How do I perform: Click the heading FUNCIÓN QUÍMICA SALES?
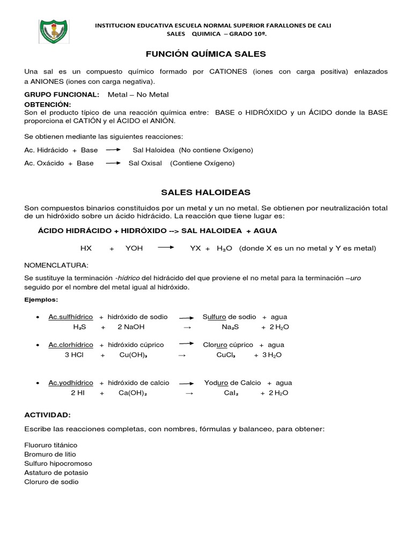pyautogui.click(x=206, y=54)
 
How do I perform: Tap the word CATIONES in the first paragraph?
pyautogui.click(x=227, y=71)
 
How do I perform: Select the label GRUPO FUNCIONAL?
pyautogui.click(x=62, y=95)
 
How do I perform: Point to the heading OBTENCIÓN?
pyautogui.click(x=48, y=104)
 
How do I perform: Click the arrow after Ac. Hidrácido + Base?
pyautogui.click(x=113, y=149)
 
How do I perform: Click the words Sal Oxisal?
pyautogui.click(x=145, y=163)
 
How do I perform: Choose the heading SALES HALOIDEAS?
pyautogui.click(x=206, y=192)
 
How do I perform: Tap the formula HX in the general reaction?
pyautogui.click(x=86, y=248)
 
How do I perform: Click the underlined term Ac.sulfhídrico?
pyautogui.click(x=70, y=317)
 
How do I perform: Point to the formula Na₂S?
pyautogui.click(x=230, y=327)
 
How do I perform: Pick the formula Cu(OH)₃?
pyautogui.click(x=133, y=355)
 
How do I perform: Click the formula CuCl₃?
pyautogui.click(x=226, y=355)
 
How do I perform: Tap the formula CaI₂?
pyautogui.click(x=231, y=393)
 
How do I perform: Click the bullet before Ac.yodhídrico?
pyautogui.click(x=36, y=383)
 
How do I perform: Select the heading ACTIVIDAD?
pyautogui.click(x=47, y=415)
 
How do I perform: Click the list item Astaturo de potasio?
pyautogui.click(x=56, y=473)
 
